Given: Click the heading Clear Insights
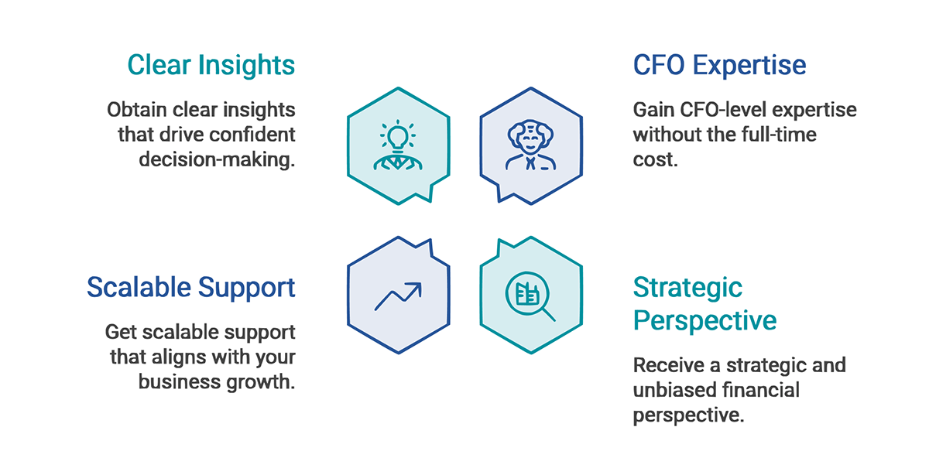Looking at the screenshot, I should coord(211,65).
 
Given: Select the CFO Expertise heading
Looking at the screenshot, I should coord(719,65).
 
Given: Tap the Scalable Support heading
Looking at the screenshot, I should coord(190,287).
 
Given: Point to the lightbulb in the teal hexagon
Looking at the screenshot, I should coord(398,138).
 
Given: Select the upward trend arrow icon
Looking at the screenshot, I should coord(398,296).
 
